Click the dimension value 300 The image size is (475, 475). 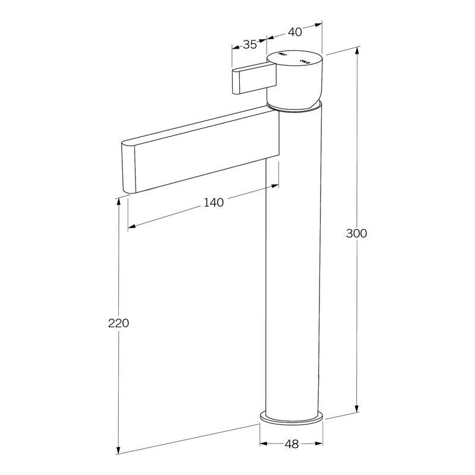click(x=357, y=233)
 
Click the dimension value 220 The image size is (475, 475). click(x=119, y=324)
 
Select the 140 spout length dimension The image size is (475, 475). click(x=214, y=202)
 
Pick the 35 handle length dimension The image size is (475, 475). click(x=249, y=45)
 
